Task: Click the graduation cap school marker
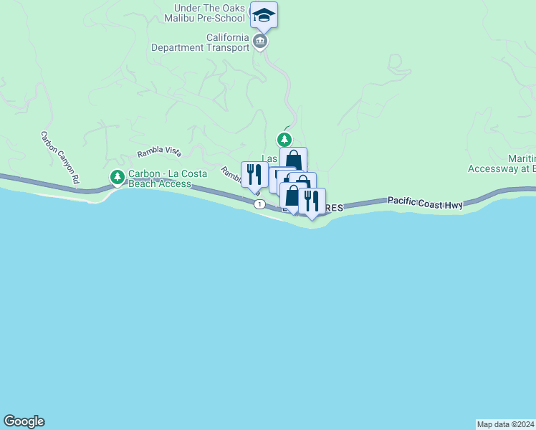[x=264, y=15]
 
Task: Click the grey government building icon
[x=260, y=42]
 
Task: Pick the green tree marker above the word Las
[x=285, y=138]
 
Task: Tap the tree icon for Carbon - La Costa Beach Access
[x=117, y=176]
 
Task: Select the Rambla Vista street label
[x=159, y=153]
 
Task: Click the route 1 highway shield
[x=259, y=204]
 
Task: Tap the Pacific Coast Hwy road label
[x=426, y=203]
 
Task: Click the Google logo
[x=24, y=421]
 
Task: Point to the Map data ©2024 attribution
[x=505, y=424]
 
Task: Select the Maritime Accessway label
[x=502, y=163]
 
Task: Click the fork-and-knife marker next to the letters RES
[x=312, y=200]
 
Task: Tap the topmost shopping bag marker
[x=294, y=159]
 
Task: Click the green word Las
[x=269, y=158]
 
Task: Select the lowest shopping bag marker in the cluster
[x=292, y=196]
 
